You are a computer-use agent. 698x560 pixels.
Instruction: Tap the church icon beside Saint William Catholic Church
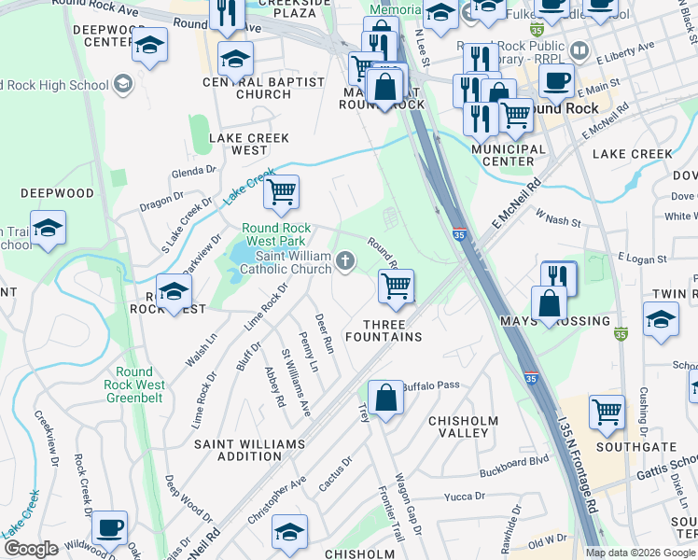click(346, 261)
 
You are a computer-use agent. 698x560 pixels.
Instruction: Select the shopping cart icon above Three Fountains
click(396, 286)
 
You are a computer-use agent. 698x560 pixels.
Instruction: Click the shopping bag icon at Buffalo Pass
click(384, 398)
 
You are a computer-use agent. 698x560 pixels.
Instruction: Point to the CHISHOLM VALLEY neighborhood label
click(463, 427)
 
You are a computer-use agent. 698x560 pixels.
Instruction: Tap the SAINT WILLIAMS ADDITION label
click(248, 450)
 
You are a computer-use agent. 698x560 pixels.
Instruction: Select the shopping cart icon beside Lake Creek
click(281, 192)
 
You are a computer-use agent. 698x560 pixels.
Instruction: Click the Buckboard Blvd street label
click(512, 461)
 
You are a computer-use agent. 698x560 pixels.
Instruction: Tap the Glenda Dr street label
click(193, 172)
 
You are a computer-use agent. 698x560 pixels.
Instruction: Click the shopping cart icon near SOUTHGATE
click(607, 411)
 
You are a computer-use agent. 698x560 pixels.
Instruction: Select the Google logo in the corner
click(30, 549)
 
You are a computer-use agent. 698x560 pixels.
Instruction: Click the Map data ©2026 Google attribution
click(640, 553)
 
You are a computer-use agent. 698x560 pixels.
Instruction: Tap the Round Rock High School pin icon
click(123, 86)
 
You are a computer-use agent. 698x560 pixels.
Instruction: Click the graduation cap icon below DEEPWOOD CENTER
click(149, 46)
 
